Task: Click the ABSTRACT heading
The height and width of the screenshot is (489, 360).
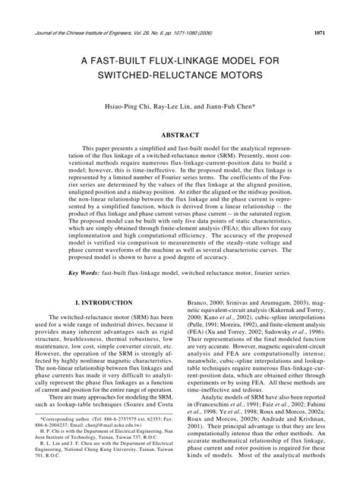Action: point(180,134)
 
